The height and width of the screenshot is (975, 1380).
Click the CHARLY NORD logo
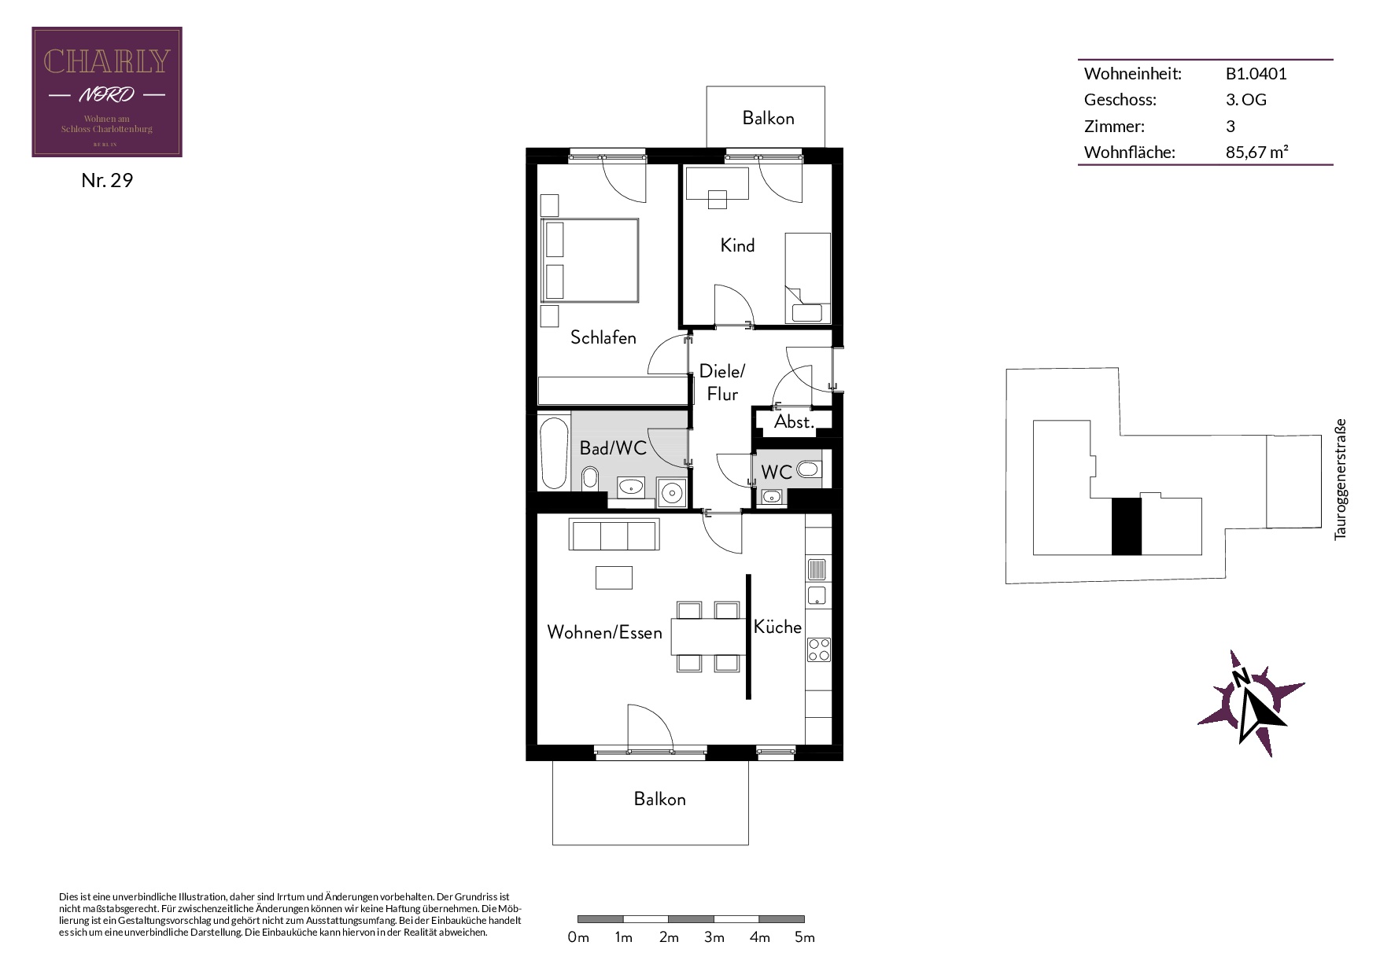(107, 92)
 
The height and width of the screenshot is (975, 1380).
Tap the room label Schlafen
(603, 337)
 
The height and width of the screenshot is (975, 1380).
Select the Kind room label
(737, 245)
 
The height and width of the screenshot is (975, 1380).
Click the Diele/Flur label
(722, 382)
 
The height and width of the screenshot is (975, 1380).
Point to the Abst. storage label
(794, 421)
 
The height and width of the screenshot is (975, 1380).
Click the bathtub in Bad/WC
(554, 453)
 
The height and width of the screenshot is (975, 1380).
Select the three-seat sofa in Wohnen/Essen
(614, 535)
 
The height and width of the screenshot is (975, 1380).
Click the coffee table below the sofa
(614, 577)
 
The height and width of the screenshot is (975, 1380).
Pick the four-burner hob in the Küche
(818, 649)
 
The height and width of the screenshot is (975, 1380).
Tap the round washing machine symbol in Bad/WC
(672, 493)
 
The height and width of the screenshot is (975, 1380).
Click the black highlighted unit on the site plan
(1126, 526)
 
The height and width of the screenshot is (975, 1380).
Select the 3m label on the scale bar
(714, 937)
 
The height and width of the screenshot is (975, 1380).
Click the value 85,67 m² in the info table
(1256, 152)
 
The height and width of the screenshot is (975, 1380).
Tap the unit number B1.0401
(1256, 74)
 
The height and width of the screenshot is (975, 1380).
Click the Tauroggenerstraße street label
(1341, 479)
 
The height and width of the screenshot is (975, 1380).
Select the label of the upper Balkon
(768, 118)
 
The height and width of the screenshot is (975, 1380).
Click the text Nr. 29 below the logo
(107, 180)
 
